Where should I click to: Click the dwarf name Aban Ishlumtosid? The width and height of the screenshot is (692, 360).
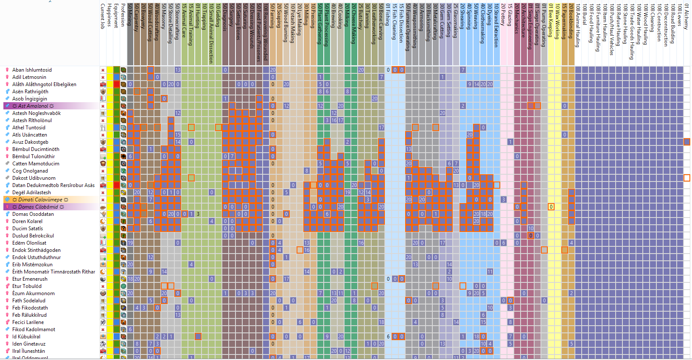(32, 70)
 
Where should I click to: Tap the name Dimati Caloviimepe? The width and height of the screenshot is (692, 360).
(40, 200)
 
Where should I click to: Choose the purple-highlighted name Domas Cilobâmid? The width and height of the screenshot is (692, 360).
(38, 207)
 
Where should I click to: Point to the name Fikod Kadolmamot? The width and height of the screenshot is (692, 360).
(34, 329)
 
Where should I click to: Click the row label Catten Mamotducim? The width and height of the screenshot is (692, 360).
(36, 164)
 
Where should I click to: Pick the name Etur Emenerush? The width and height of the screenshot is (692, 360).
(30, 279)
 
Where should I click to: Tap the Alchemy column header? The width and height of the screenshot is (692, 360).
(686, 17)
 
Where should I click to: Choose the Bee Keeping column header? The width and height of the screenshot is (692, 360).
(551, 21)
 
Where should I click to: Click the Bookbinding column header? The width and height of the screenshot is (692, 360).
(572, 21)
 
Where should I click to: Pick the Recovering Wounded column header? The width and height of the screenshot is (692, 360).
(266, 32)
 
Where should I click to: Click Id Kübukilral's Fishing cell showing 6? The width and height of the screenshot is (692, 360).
(388, 337)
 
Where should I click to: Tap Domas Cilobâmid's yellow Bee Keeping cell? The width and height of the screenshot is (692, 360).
(551, 207)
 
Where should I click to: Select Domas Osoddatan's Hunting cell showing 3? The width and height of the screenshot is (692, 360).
(198, 214)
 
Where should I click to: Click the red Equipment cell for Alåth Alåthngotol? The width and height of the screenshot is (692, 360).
(117, 84)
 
